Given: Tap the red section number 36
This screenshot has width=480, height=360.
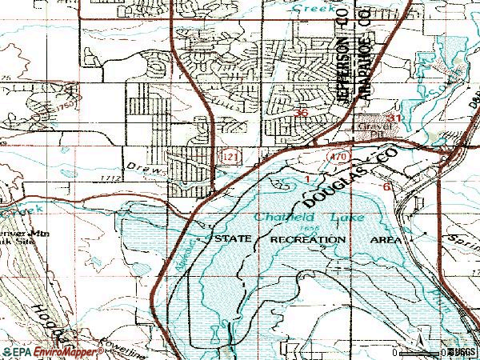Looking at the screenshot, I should [302, 113].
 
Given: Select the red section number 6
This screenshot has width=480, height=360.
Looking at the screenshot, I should [386, 186].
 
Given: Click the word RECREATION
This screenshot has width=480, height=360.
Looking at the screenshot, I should [309, 239].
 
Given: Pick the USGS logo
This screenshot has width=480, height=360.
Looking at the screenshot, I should [460, 351].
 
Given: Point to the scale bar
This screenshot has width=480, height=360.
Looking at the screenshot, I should [419, 351].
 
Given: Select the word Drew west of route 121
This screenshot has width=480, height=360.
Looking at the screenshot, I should [153, 171].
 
